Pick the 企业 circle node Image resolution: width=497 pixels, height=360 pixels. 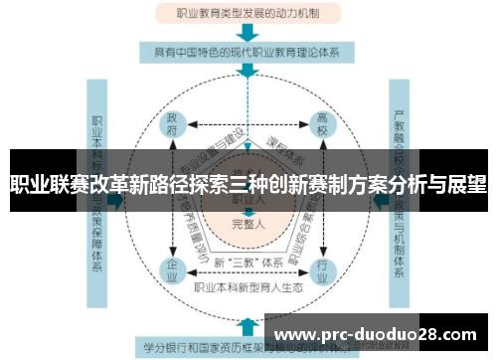point(173,270)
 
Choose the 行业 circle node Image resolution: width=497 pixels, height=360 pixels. point(322,270)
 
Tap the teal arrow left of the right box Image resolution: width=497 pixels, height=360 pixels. point(379,200)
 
